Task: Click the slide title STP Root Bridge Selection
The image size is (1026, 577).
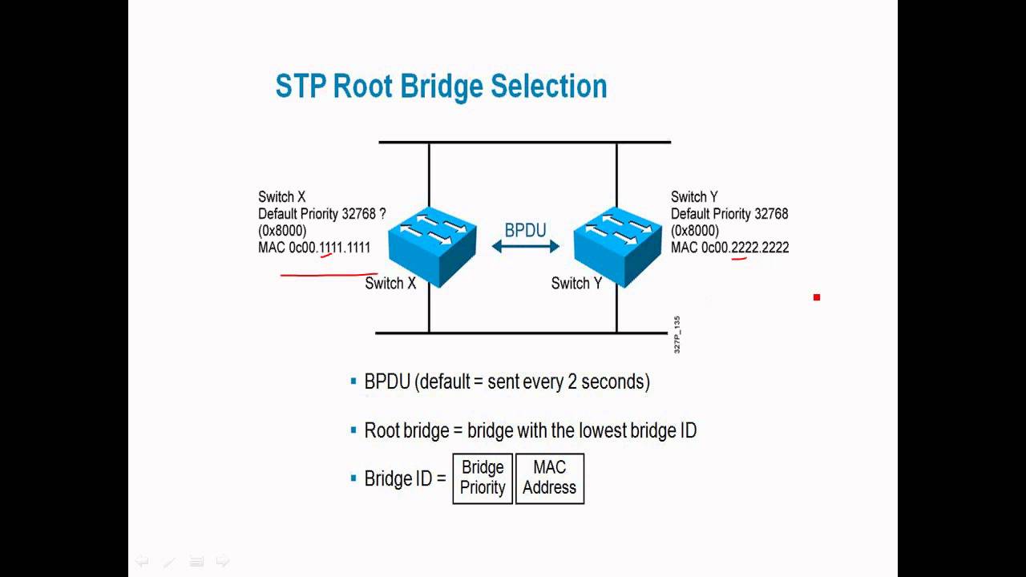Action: (441, 87)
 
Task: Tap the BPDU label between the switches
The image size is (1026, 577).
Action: (525, 231)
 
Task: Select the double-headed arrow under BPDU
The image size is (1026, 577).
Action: (525, 247)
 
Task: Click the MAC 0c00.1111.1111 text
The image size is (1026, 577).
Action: (314, 248)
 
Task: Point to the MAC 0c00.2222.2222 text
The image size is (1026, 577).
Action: (729, 248)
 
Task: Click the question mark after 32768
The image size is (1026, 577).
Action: (383, 214)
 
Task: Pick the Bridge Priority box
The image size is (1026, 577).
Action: (483, 478)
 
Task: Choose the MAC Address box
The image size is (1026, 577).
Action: (549, 478)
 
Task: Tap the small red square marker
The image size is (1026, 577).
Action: (817, 297)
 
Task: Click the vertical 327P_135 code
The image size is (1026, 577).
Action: (677, 335)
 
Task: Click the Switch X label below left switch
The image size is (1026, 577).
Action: (390, 283)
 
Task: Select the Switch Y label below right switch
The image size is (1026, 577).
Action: (576, 283)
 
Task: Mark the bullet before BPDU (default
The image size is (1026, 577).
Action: (353, 381)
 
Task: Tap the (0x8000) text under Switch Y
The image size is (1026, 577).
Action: (695, 231)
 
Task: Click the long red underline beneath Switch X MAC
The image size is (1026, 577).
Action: (329, 274)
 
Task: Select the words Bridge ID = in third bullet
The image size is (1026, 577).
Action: (405, 478)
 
